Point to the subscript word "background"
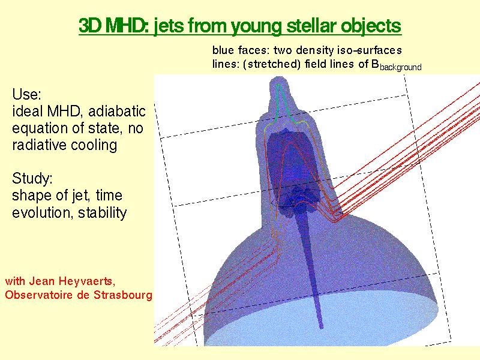(400, 67)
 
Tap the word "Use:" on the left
(26, 94)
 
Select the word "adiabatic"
(116, 111)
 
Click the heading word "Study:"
(32, 178)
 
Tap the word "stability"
(103, 212)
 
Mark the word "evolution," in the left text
(43, 212)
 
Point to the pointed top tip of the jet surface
(278, 77)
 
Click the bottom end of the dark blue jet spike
(321, 328)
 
